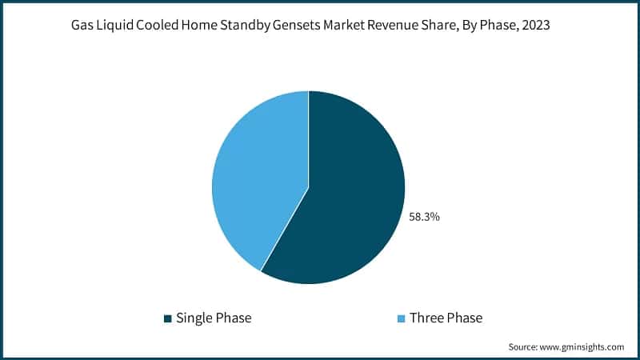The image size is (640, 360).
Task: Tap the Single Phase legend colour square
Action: click(167, 318)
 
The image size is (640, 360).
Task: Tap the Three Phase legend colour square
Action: click(401, 318)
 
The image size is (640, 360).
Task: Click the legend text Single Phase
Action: click(214, 318)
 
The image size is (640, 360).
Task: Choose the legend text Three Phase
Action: click(446, 318)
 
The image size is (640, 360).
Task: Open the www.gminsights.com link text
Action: click(584, 346)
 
